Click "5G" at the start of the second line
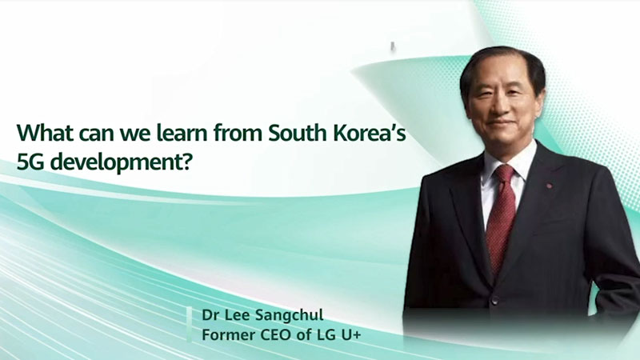(31, 162)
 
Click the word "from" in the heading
(238, 133)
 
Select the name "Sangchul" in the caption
(290, 316)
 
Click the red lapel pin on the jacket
(549, 186)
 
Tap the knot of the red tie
(505, 174)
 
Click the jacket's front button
(495, 302)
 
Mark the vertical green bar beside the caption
(190, 324)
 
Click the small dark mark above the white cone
(393, 46)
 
